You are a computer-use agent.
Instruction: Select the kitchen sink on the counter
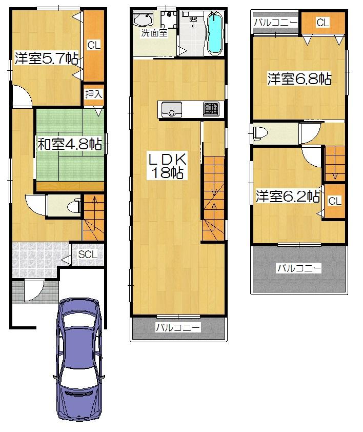point(172,110)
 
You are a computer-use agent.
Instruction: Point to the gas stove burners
point(211,109)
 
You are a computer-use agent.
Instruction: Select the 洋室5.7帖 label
point(46,58)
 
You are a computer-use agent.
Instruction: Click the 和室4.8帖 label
point(69,144)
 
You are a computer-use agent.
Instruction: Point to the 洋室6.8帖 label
point(298,79)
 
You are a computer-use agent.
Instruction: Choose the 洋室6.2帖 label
point(288,197)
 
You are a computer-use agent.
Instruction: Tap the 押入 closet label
point(93,94)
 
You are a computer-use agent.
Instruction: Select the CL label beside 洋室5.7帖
point(94,45)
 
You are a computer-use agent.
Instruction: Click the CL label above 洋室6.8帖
point(322,23)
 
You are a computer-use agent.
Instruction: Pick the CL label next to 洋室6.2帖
point(334,201)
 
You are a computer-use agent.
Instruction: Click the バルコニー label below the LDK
point(178,327)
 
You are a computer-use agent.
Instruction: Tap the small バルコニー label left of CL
point(275,23)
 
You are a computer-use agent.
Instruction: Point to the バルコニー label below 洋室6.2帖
point(299,268)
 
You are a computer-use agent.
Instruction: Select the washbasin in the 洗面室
point(142,21)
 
